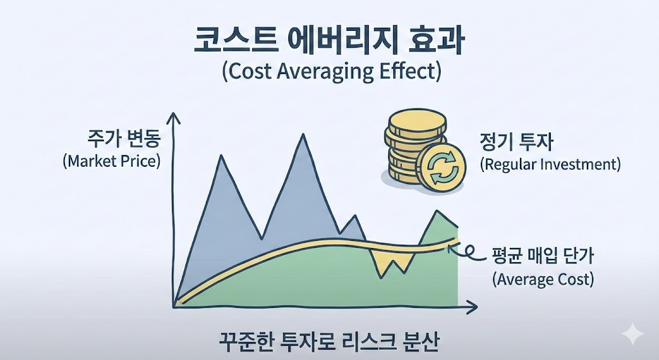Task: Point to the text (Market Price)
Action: pyautogui.click(x=111, y=161)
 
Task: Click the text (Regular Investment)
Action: pyautogui.click(x=550, y=164)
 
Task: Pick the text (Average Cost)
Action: pyautogui.click(x=543, y=279)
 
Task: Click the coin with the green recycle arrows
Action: pyautogui.click(x=439, y=167)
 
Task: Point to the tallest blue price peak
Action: pyautogui.click(x=303, y=138)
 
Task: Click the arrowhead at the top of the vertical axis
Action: pyautogui.click(x=172, y=117)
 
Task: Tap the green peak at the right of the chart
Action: pyautogui.click(x=439, y=215)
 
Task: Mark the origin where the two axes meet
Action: pyautogui.click(x=174, y=303)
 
